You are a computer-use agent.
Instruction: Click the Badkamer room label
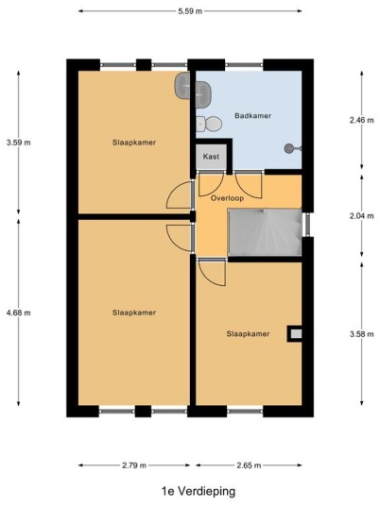coord(252,115)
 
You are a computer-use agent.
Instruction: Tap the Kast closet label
coord(211,157)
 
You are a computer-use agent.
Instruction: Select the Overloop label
coord(227,198)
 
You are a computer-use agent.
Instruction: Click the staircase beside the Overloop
coord(265,232)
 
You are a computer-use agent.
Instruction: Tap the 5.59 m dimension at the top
coord(190,11)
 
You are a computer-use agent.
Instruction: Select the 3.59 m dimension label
coord(18,143)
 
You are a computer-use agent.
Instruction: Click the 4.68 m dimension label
coord(18,312)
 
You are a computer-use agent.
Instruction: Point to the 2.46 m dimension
coord(362,120)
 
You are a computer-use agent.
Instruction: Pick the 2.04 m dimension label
coord(362,216)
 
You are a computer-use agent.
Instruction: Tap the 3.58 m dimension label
coord(362,334)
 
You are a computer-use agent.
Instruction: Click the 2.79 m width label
coord(134,465)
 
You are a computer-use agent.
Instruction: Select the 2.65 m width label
coord(249,465)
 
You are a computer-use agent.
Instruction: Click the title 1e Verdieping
coord(199,491)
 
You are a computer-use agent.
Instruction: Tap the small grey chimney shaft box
coord(296,333)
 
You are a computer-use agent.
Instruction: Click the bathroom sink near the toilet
coord(202,93)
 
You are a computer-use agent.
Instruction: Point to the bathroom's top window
coord(244,65)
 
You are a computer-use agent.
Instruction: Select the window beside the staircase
coord(307,225)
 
